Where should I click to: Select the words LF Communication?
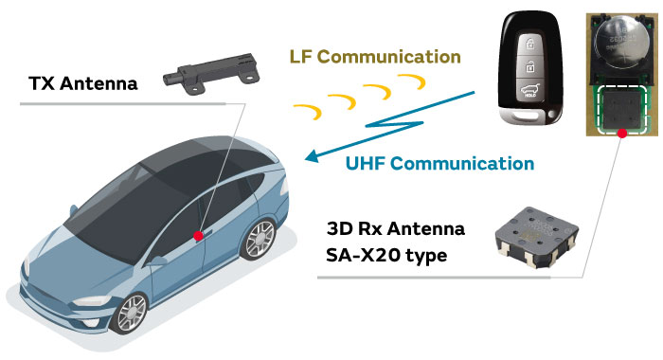pyautogui.click(x=374, y=55)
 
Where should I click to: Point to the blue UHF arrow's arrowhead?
pyautogui.click(x=306, y=159)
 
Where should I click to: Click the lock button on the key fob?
pyautogui.click(x=532, y=41)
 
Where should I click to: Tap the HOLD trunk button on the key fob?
pyautogui.click(x=527, y=92)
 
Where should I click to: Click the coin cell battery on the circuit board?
pyautogui.click(x=619, y=44)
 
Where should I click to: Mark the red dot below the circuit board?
pyautogui.click(x=622, y=135)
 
